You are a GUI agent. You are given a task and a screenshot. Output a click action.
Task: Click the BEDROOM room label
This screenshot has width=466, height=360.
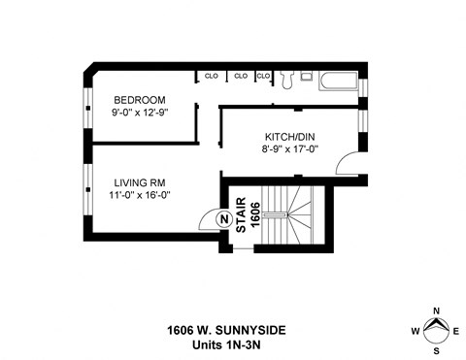[140, 100]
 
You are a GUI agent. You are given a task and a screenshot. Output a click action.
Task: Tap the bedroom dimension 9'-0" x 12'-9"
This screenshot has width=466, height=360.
[141, 113]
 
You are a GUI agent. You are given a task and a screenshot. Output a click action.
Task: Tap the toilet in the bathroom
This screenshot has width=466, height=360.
[286, 77]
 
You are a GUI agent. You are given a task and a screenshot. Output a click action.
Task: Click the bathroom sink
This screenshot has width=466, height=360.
[306, 75]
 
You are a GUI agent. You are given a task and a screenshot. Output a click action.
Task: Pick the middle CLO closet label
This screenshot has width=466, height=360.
[240, 75]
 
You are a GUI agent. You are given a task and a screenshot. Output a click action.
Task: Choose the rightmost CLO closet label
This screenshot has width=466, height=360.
[263, 75]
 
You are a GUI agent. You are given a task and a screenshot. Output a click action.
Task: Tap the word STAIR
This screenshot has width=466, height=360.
[241, 213]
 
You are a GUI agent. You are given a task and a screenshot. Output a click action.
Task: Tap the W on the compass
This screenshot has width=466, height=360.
[416, 331]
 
